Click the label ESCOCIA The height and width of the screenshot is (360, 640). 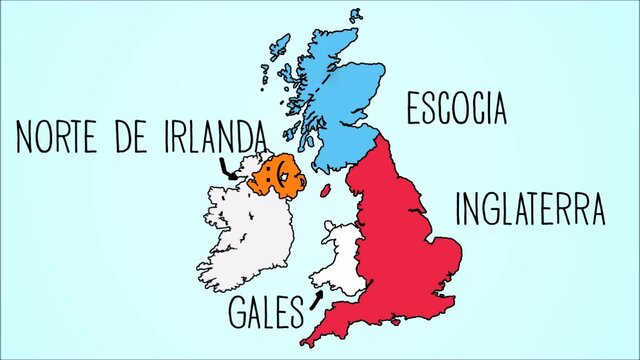[457, 109]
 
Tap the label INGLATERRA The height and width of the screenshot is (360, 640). [530, 210]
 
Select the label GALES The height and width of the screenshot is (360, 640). [265, 313]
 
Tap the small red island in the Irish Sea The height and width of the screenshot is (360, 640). [325, 188]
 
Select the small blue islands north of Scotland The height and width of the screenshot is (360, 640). [355, 15]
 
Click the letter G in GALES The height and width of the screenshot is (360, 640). [240, 313]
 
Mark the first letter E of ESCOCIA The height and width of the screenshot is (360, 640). [412, 109]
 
